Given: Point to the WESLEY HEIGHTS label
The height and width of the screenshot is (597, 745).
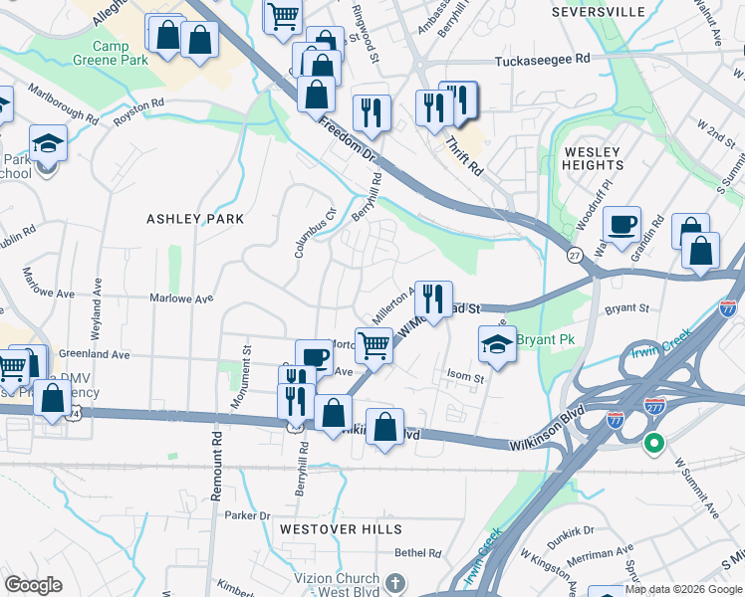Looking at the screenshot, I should point(593,158).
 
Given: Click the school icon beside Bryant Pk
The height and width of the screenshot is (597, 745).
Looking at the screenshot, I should point(498,343).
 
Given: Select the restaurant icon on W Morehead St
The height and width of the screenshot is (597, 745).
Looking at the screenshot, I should point(433,298).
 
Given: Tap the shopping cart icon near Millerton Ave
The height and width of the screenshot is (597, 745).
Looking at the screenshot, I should point(373,346).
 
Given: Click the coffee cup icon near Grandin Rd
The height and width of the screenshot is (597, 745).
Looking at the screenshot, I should point(623,224).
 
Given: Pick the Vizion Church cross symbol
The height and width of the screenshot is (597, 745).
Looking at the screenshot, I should point(395,581).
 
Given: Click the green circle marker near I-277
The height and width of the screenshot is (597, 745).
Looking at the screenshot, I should point(653,443).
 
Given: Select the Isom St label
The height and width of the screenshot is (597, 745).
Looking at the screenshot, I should point(465,378).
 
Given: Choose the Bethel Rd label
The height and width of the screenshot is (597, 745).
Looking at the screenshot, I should point(417,553).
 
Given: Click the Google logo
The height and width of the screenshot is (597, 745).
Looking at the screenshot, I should point(33,585).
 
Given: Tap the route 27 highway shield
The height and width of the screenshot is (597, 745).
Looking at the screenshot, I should point(575,256).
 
